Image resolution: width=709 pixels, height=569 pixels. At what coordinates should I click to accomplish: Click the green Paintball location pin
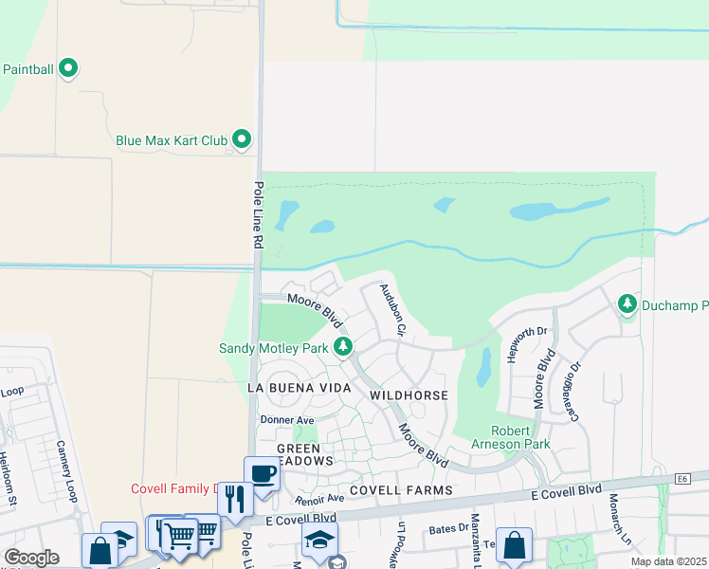[x=67, y=68]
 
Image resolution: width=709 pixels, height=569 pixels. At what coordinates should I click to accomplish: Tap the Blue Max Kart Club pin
[x=242, y=140]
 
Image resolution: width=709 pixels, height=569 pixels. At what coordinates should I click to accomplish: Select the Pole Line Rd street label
[x=257, y=215]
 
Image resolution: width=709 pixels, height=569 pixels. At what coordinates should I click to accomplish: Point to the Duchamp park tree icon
[x=627, y=304]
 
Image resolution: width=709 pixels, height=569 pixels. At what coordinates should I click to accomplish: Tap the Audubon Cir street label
[x=393, y=311]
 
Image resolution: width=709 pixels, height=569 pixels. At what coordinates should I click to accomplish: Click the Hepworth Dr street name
[x=529, y=347]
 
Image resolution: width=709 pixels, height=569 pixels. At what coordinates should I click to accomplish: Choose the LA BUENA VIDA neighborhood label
[x=299, y=389]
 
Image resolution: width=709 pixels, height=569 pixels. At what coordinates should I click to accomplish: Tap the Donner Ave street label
[x=287, y=419]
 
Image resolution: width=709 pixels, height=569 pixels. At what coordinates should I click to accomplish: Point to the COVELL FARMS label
[x=396, y=490]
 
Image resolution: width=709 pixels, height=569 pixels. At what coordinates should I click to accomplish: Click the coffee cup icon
[x=262, y=473]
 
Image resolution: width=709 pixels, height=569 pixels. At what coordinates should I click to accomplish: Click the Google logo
[x=31, y=557]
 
